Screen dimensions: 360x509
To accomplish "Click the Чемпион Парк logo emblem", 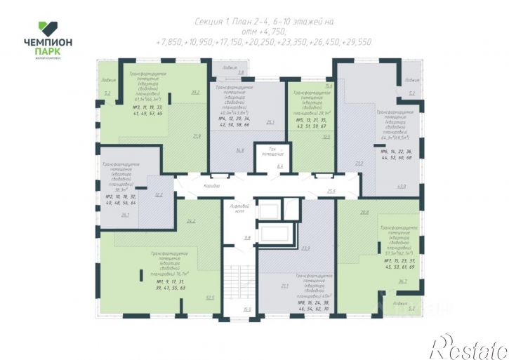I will tap(47, 27).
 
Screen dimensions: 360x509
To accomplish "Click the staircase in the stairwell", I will tap(246, 281).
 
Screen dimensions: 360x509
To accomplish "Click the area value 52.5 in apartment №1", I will tap(209, 297).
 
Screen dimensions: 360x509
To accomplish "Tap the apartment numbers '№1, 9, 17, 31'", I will tap(171, 281).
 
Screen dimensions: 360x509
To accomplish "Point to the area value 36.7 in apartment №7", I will tap(402, 281).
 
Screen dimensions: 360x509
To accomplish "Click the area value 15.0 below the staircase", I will tap(246, 309).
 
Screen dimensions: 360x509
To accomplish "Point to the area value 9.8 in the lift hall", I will tap(246, 239).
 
